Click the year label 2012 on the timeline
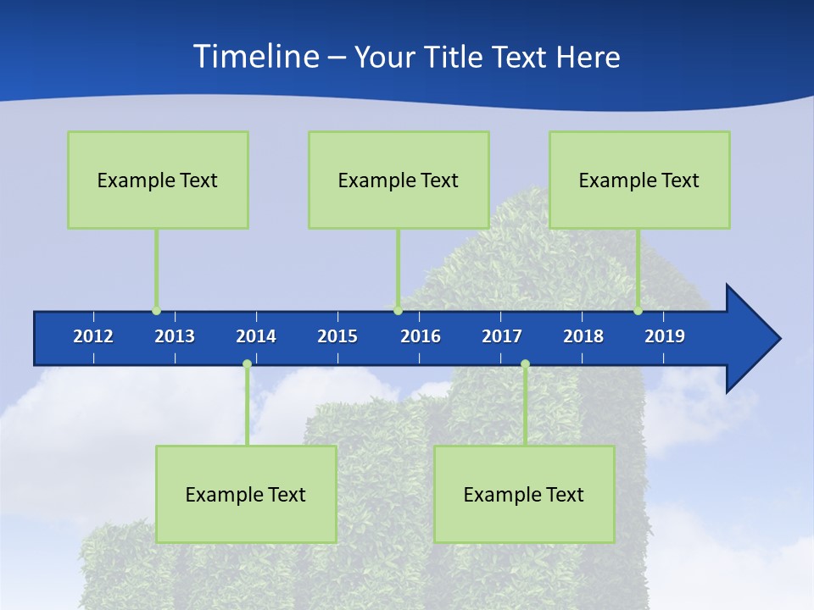tap(93, 336)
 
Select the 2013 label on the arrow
tap(175, 336)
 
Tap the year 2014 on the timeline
tap(256, 336)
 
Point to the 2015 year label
tap(337, 336)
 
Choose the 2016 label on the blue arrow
tap(421, 336)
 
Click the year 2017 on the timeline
tap(502, 336)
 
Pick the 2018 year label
tap(583, 336)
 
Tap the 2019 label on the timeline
tap(665, 336)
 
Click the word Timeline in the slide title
tap(255, 57)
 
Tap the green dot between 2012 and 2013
tap(156, 311)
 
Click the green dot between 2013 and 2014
tap(247, 364)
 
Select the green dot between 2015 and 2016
tap(398, 311)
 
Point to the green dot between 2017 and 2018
tap(525, 364)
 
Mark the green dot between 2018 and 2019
tap(638, 311)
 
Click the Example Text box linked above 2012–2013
tap(158, 180)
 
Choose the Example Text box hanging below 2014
tap(246, 494)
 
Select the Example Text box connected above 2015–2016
tap(399, 180)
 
